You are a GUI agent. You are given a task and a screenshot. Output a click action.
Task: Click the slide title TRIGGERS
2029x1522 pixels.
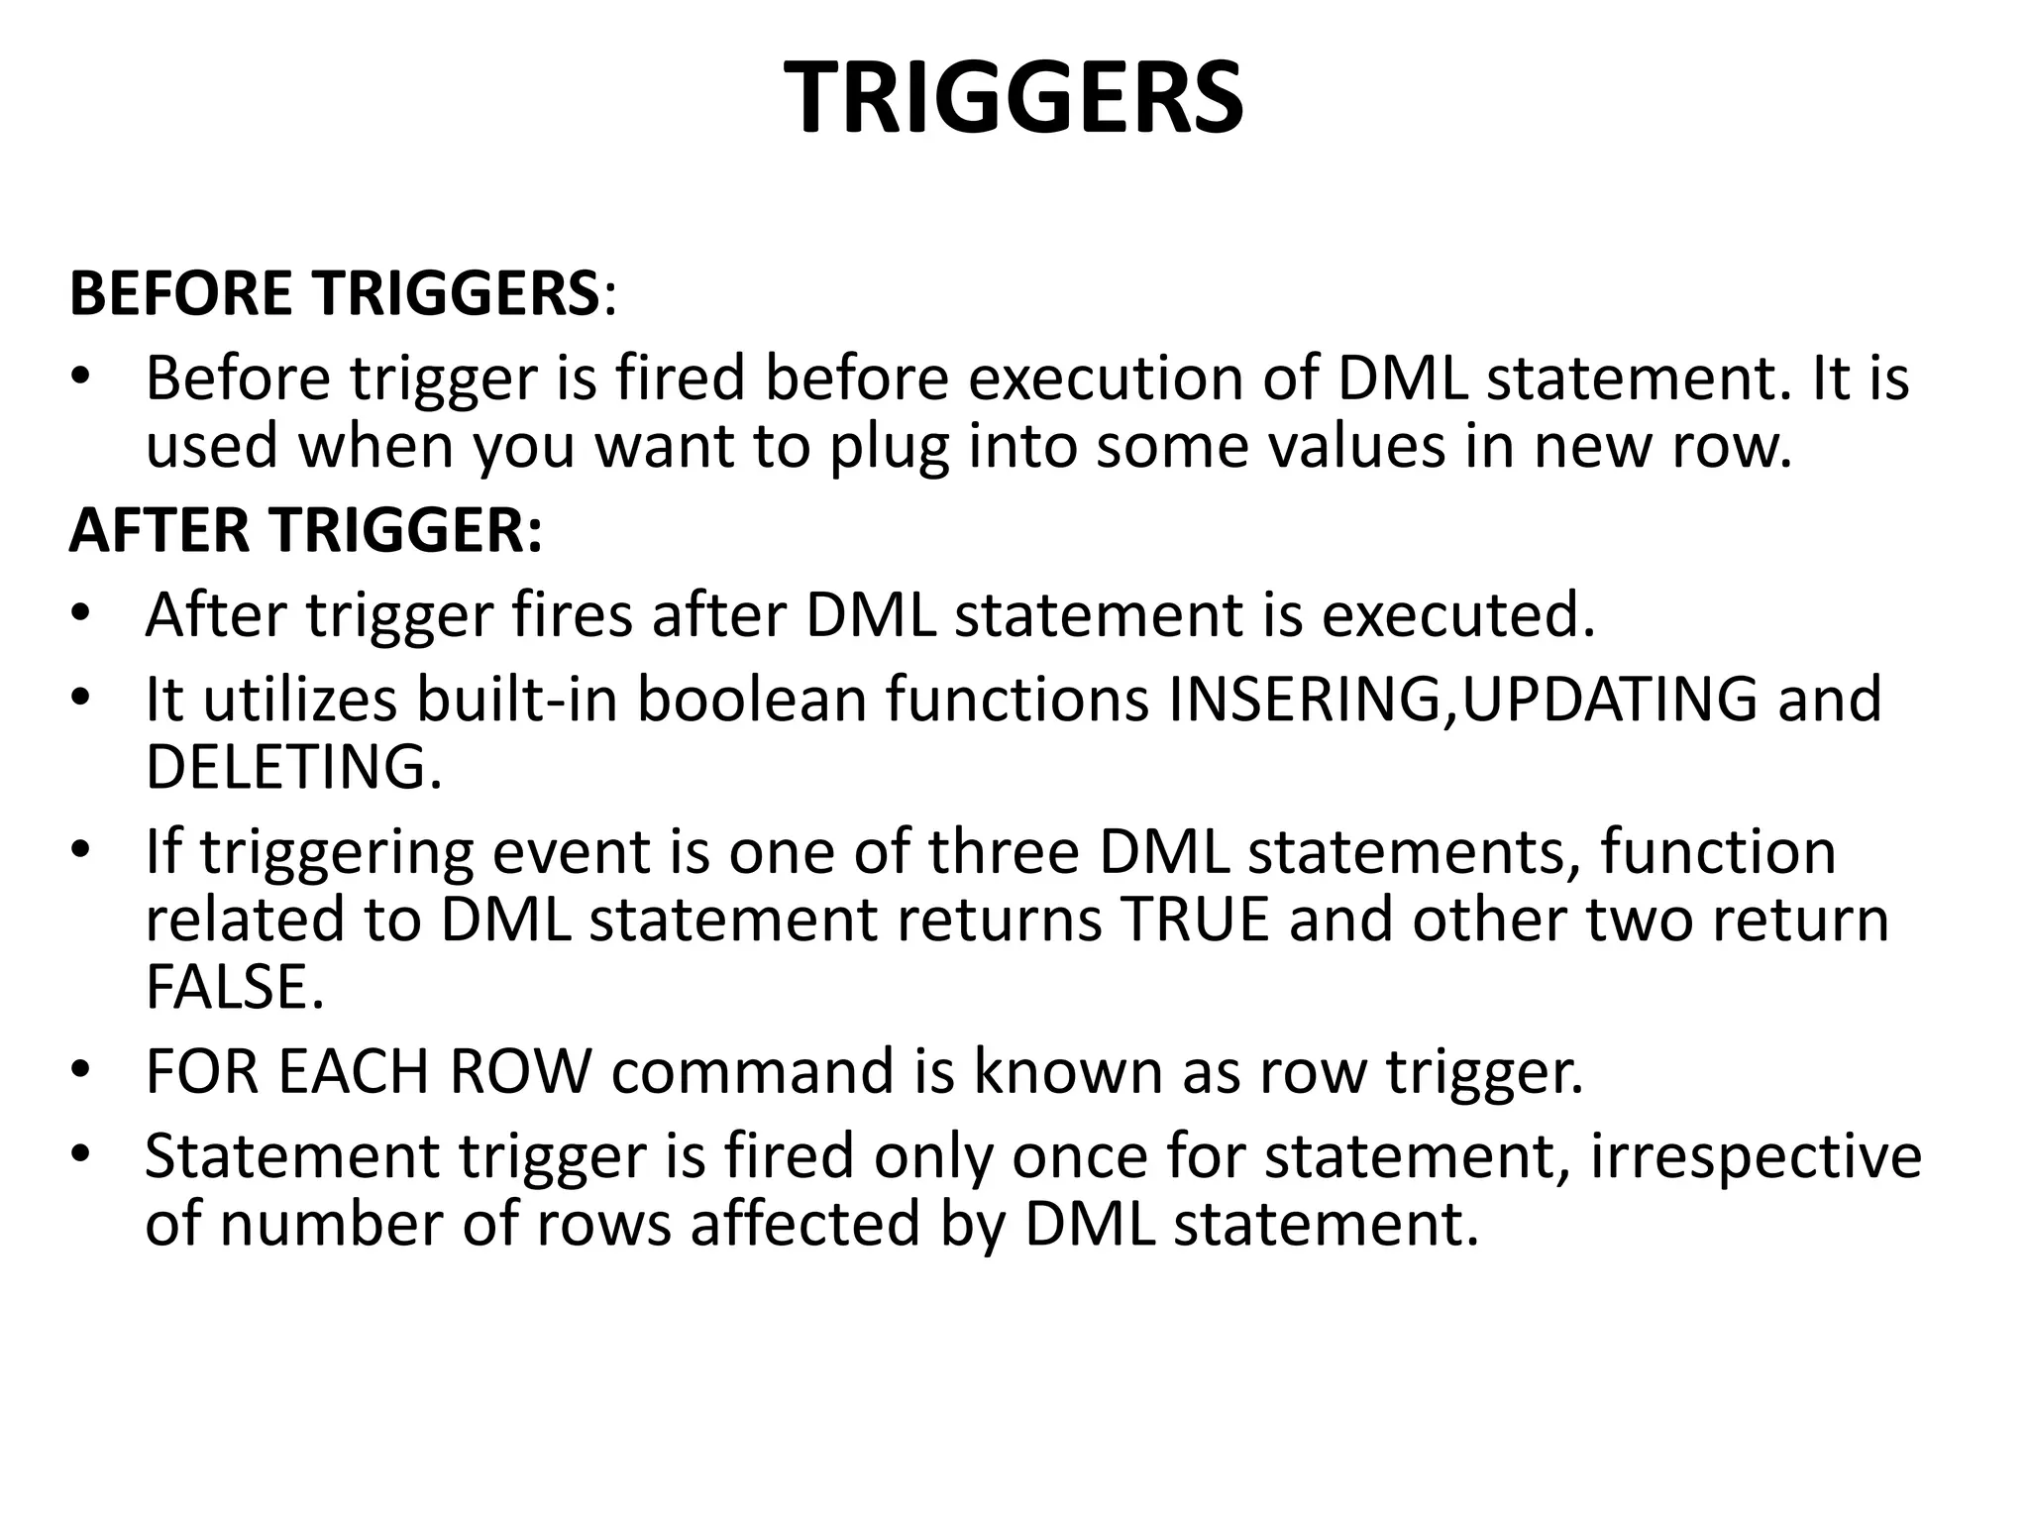click(1014, 97)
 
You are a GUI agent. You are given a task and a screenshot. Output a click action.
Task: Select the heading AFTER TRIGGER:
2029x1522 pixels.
click(305, 530)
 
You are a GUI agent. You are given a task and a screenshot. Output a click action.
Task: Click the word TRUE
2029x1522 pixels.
click(1195, 920)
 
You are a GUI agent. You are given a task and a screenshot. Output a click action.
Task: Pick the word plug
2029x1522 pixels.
click(889, 448)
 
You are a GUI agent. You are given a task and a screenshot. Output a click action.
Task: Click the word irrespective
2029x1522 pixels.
click(1756, 1156)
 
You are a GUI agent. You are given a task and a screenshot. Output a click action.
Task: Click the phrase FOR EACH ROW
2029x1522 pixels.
click(369, 1072)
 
